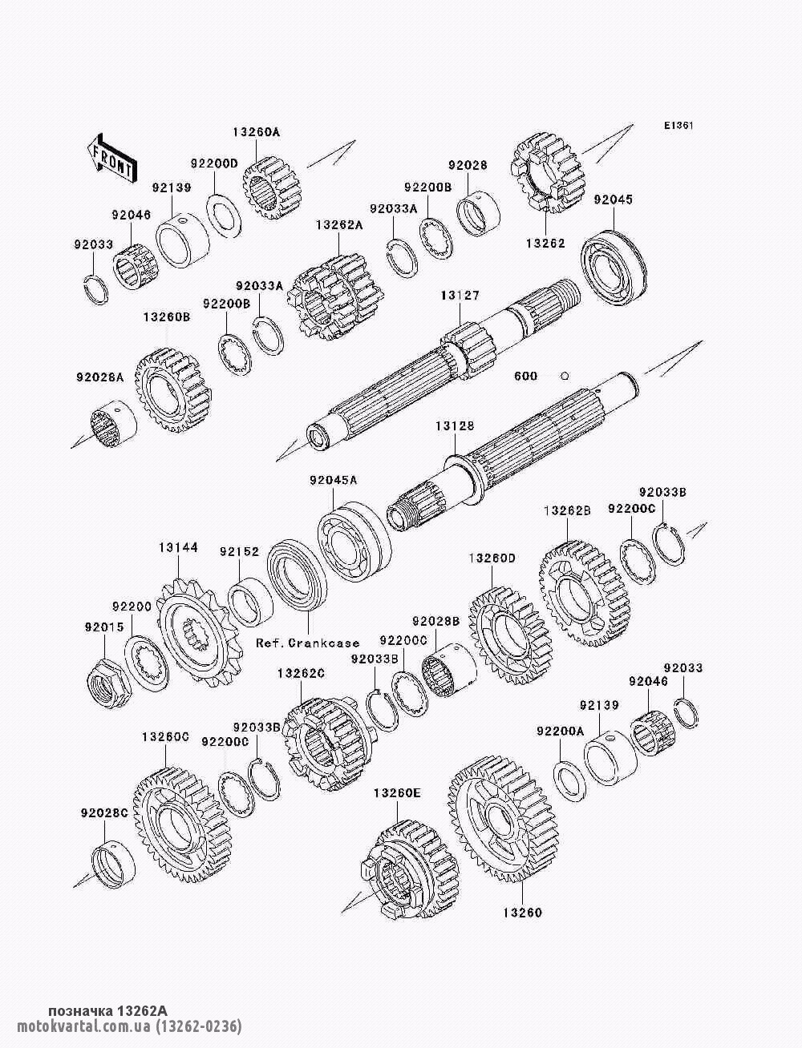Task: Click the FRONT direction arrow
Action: coord(111,159)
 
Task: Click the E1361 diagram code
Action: coord(678,126)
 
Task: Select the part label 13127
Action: coord(460,296)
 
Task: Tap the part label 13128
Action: coord(455,425)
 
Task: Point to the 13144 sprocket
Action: coord(198,631)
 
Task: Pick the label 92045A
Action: coord(333,480)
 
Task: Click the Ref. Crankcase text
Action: coord(308,643)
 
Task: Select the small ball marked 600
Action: coord(565,376)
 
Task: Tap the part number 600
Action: coord(525,377)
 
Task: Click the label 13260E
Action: coord(397,793)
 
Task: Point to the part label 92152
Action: coord(239,551)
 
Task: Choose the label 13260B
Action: coord(167,317)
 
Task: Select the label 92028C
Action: coord(104,813)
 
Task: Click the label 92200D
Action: coord(214,163)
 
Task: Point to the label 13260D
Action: coord(492,558)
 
